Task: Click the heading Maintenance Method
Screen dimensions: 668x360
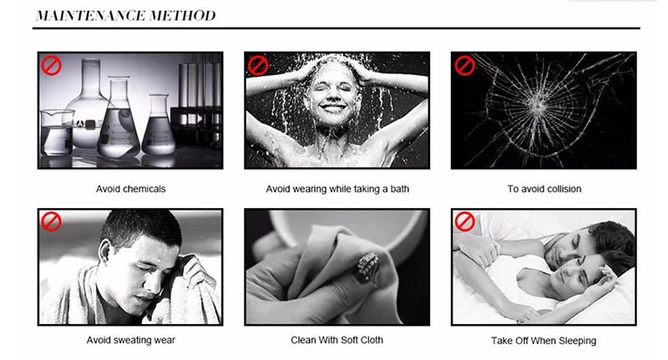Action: tap(126, 16)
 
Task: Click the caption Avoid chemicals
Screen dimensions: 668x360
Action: tap(131, 189)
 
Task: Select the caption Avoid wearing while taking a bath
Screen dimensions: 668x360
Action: tap(337, 189)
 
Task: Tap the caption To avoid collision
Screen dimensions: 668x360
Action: tap(544, 189)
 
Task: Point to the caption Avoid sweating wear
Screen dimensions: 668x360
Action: tap(131, 340)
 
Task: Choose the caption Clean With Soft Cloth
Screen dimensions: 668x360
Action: tap(337, 340)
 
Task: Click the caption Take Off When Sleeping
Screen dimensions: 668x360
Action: tap(544, 341)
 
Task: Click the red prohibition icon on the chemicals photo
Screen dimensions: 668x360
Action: tap(51, 66)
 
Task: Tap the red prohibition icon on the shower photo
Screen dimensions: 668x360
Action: tap(258, 66)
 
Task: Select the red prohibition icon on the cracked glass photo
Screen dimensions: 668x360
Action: tap(465, 66)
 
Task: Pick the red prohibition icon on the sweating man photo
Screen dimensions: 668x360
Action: tap(51, 222)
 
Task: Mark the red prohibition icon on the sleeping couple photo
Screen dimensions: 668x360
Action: tap(465, 222)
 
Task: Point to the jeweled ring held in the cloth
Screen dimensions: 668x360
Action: tap(367, 266)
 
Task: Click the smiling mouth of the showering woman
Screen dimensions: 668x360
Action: tap(332, 109)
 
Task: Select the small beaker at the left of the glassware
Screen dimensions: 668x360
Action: tap(57, 133)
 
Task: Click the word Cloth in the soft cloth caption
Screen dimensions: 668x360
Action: tap(372, 340)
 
